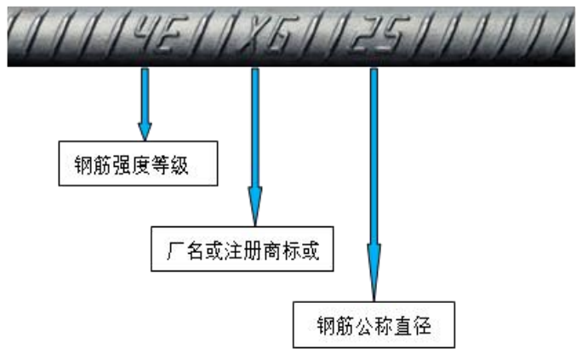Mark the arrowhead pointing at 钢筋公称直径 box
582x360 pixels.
(x=374, y=272)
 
